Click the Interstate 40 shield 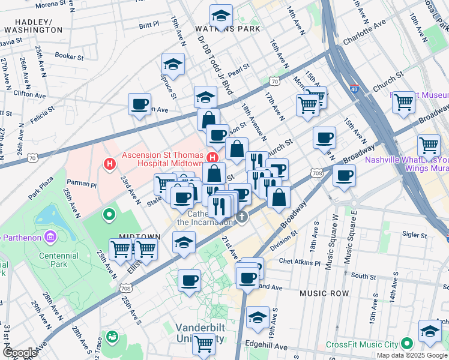tap(354, 89)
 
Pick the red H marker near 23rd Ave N tap(109, 163)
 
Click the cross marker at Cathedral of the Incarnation tap(241, 217)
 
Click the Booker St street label tap(68, 56)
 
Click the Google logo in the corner tap(19, 353)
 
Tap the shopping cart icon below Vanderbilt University tap(204, 344)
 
